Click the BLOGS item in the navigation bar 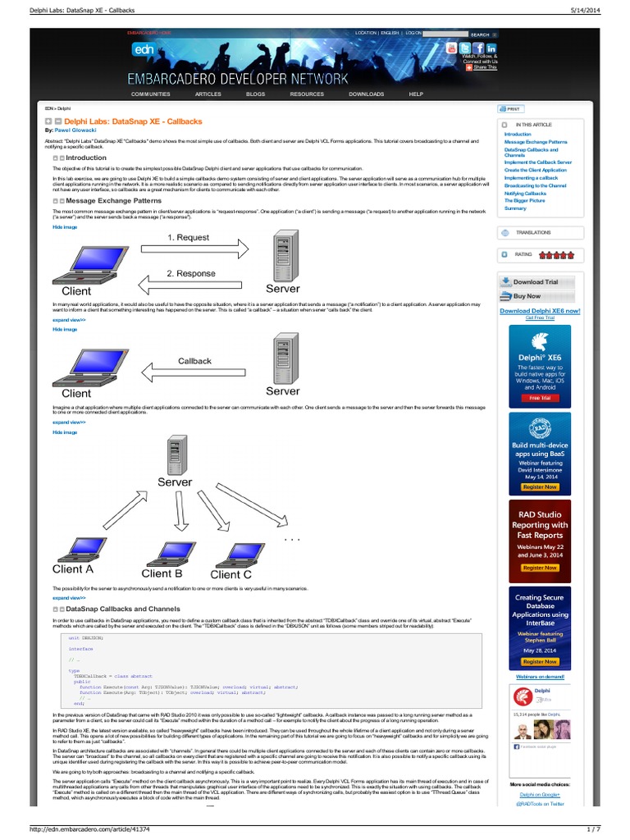[x=256, y=94]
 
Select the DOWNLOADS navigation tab [x=366, y=94]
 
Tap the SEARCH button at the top [x=480, y=34]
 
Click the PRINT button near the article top [x=511, y=108]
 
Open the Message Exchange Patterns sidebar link [x=536, y=142]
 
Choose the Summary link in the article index [x=515, y=208]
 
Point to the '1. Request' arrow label [x=188, y=237]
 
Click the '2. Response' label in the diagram [x=190, y=273]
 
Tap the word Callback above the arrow [x=194, y=361]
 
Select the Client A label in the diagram [x=73, y=569]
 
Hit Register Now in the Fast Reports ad [x=540, y=568]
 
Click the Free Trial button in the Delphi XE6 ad [x=540, y=398]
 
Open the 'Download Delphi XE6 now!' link [x=540, y=311]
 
